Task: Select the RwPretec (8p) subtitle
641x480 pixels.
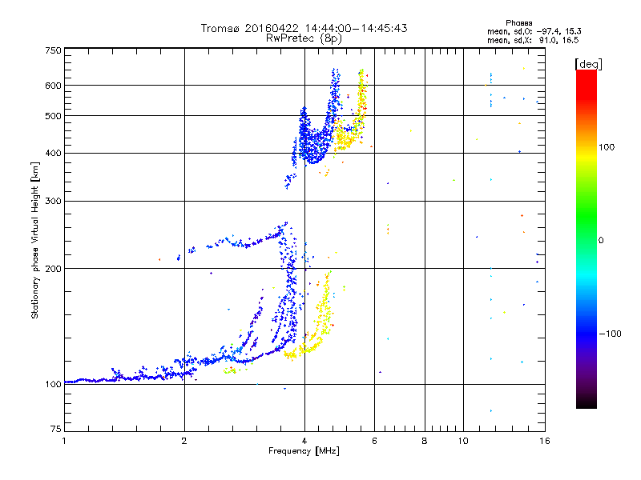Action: [304, 38]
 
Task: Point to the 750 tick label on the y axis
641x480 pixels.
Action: [53, 50]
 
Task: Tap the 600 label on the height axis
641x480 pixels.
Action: [53, 86]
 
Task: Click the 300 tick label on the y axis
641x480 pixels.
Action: [53, 201]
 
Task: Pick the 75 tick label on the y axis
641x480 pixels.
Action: [56, 429]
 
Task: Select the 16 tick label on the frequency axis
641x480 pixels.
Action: [544, 441]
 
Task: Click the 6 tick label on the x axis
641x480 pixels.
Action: [374, 441]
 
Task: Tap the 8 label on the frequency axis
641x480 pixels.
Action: [425, 441]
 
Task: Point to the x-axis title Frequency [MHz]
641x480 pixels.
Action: [304, 451]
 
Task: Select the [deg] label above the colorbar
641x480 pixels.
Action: [588, 64]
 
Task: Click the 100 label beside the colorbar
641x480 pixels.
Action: [607, 147]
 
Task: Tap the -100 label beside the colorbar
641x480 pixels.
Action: [610, 334]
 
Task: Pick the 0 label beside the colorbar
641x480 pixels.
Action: [601, 241]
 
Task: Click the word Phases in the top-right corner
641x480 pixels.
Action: [518, 23]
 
